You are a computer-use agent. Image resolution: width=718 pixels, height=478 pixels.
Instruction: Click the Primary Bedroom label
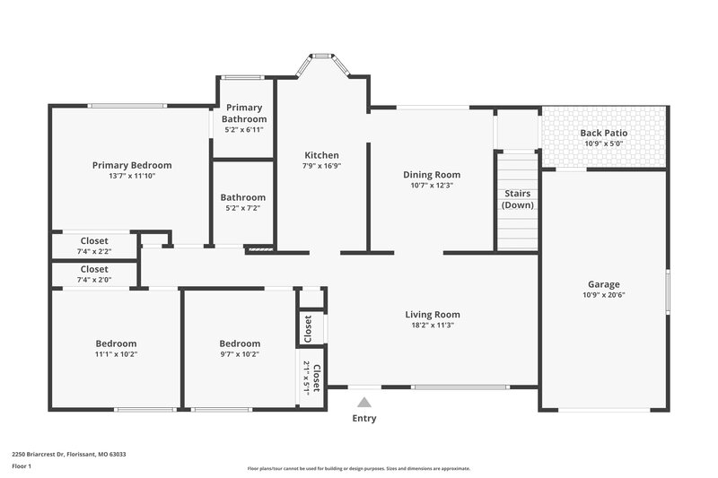[132, 165]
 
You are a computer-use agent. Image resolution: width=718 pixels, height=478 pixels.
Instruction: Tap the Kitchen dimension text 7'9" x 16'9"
[321, 166]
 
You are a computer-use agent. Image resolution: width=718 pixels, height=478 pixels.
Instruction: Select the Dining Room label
[431, 175]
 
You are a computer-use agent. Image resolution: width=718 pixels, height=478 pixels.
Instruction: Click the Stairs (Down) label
[518, 199]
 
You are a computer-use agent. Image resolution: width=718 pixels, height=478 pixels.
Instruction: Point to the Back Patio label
[604, 133]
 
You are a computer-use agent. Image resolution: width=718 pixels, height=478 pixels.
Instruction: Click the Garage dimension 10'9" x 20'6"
[603, 295]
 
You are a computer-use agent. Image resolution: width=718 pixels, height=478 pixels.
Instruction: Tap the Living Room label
[432, 315]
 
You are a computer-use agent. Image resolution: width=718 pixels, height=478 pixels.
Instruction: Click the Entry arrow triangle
[363, 404]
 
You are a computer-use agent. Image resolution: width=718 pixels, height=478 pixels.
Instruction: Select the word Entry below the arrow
[363, 419]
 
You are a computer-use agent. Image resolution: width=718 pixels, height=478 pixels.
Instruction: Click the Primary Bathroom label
[244, 113]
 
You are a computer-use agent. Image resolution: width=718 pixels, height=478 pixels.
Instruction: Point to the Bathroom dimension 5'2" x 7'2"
[243, 208]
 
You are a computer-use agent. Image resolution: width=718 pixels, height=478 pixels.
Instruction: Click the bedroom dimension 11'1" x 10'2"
[116, 354]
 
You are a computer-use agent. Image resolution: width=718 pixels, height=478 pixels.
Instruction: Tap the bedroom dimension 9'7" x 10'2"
[240, 354]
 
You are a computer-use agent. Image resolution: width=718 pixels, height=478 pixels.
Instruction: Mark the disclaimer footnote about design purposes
[359, 468]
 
